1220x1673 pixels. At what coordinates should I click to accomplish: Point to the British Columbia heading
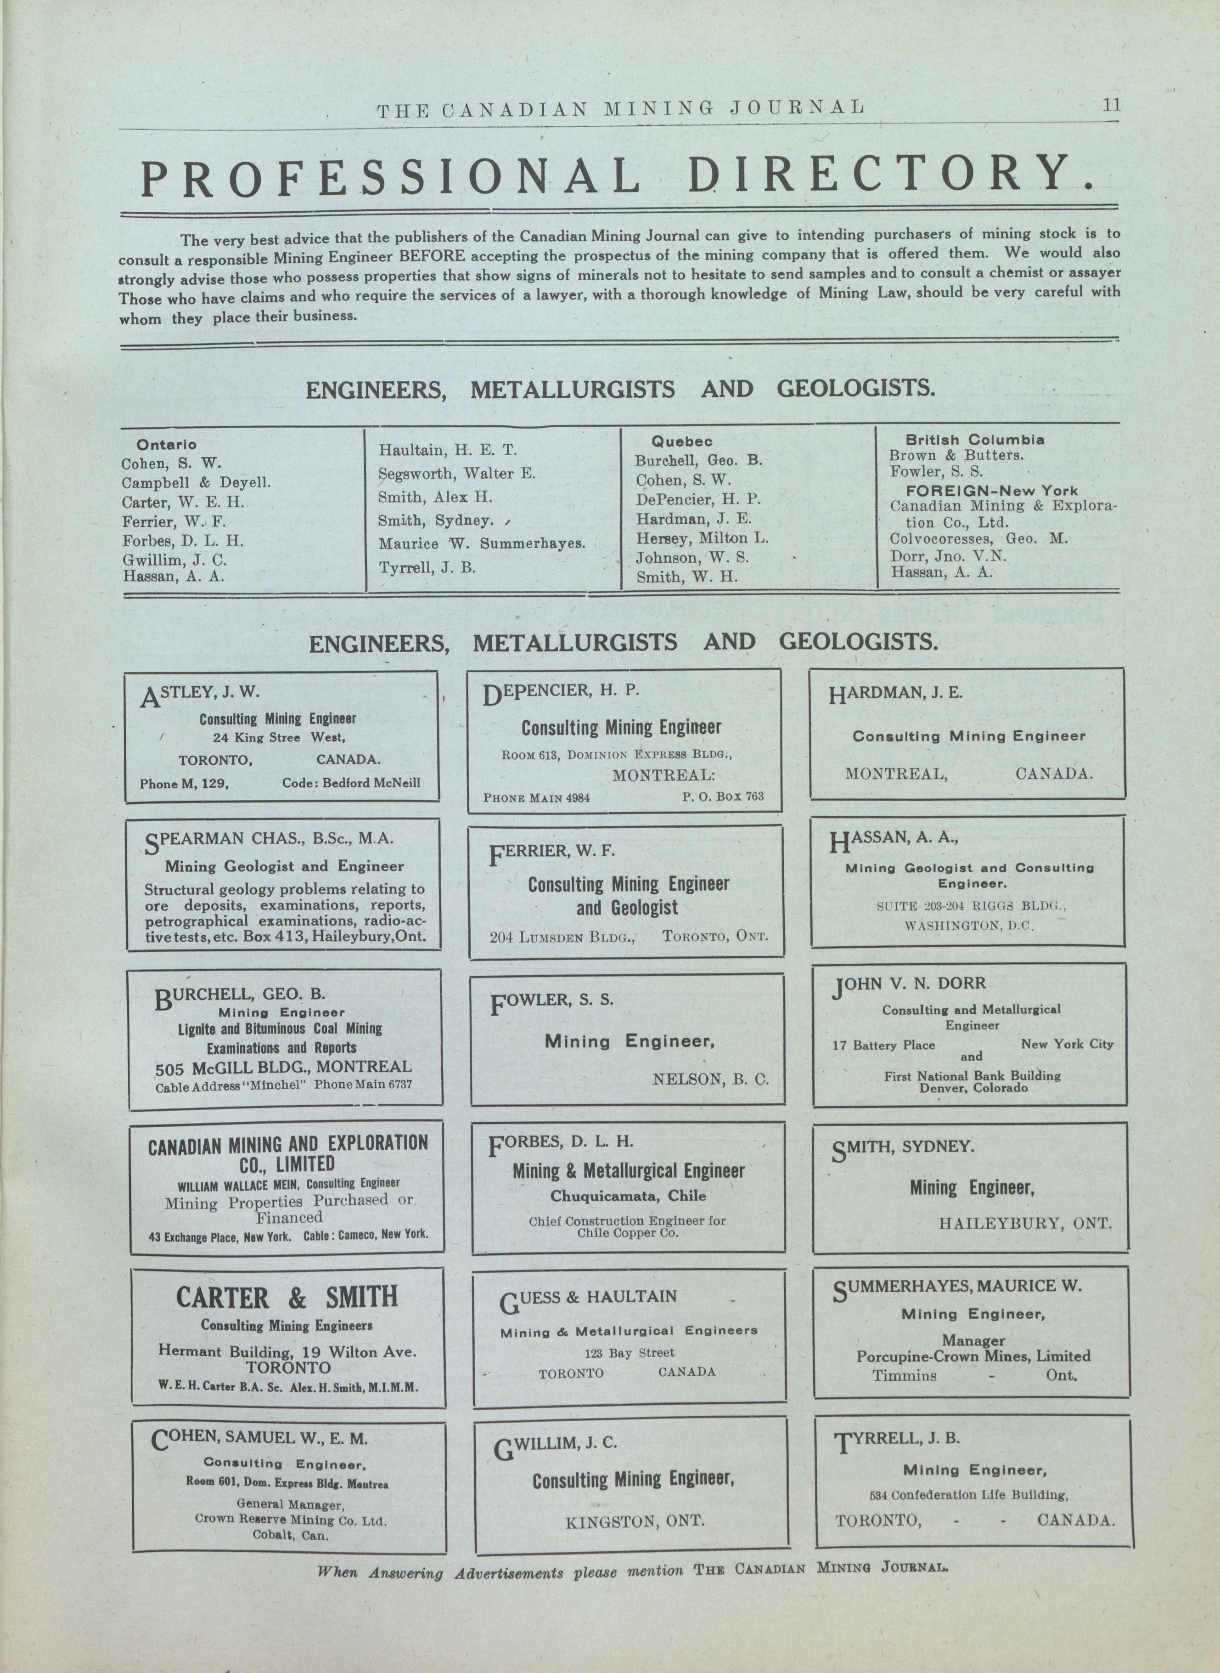[975, 440]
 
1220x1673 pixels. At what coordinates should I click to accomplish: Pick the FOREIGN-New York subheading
[992, 491]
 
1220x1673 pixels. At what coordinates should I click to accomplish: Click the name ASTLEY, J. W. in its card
[201, 694]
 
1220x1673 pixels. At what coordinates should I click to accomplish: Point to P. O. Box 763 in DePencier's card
[723, 796]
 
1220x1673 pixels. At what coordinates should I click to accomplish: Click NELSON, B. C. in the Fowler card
[710, 1079]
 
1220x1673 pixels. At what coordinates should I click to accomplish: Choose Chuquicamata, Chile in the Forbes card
[628, 1196]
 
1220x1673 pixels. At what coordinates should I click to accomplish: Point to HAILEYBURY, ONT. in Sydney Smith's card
[1025, 1223]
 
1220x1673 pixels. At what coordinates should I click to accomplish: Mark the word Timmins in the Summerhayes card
[904, 1376]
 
